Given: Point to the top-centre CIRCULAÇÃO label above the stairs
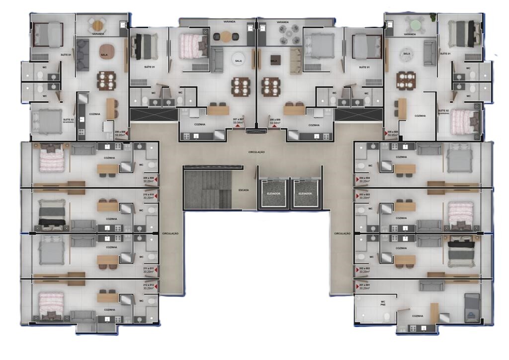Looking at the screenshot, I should (257, 152).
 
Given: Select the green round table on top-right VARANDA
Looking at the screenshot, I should (413, 23).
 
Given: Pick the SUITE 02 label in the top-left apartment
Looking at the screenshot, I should (68, 120).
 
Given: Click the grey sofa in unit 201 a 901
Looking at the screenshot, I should (430, 285).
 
